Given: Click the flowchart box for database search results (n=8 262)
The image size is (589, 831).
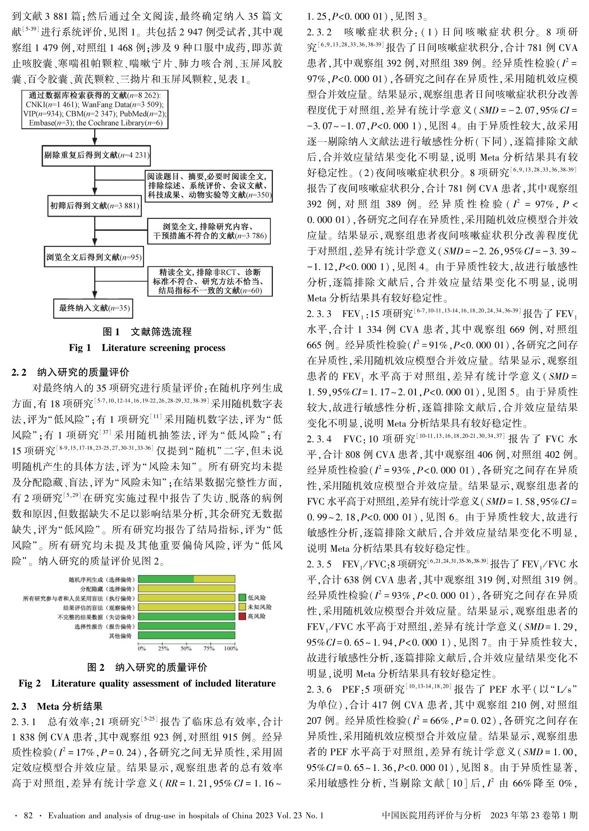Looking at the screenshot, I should click(95, 109).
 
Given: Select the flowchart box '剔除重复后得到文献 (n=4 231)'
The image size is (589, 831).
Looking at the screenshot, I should click(96, 155).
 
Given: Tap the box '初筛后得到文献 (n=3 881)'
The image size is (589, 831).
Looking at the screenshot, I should click(95, 206).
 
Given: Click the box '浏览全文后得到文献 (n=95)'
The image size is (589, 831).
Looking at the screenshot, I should click(94, 257).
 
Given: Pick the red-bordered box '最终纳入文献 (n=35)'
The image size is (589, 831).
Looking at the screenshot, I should click(94, 308).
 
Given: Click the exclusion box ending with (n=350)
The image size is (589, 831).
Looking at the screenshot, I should click(209, 185).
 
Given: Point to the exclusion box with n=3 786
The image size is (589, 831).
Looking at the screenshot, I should click(209, 231).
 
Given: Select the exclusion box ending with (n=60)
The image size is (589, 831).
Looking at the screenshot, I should click(210, 281).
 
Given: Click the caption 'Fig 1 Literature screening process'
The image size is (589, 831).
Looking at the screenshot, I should click(147, 348).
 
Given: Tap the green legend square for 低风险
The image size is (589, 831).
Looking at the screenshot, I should click(242, 598).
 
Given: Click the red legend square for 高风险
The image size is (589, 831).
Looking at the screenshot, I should click(242, 616).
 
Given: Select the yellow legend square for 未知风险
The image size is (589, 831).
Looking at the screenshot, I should click(242, 607).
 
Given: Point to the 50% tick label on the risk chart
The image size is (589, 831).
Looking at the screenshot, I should click(186, 648).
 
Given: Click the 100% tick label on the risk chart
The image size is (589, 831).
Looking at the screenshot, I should click(230, 648).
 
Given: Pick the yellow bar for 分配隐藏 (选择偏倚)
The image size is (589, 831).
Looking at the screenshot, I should click(186, 589).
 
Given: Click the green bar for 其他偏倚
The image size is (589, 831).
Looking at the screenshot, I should click(186, 636).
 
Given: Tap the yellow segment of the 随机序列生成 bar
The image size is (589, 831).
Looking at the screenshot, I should click(214, 580).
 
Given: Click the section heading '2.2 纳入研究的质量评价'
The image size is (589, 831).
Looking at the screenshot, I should click(70, 372).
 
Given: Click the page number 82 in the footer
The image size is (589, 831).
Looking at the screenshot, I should click(28, 816).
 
